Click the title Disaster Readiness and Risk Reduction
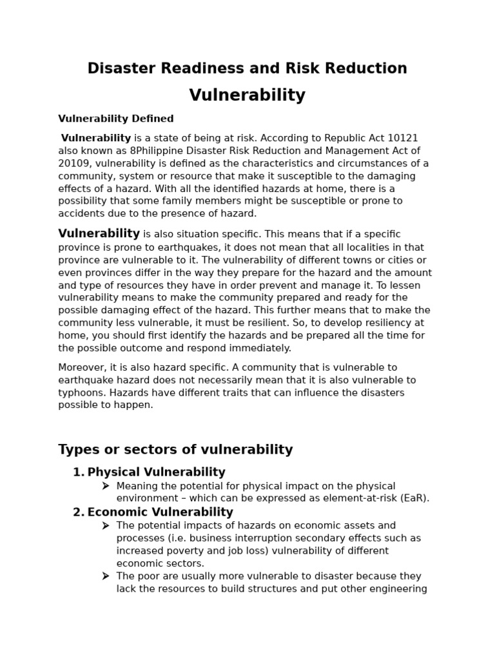coord(247,68)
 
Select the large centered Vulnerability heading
coord(247,95)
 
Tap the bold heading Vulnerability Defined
coord(116,119)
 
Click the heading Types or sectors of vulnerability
coord(175,450)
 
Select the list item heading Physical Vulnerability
coord(157,472)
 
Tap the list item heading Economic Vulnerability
coord(160,512)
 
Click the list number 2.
coord(78,512)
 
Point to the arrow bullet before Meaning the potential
coord(106,486)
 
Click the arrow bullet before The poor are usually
coord(106,576)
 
